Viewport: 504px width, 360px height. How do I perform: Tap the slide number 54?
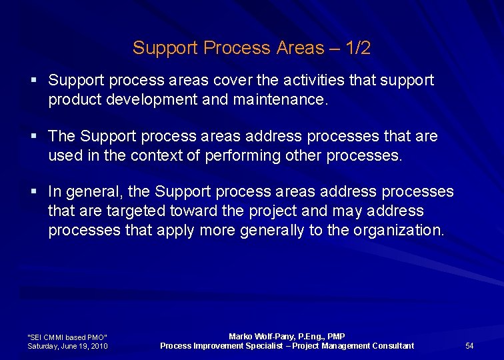click(469, 346)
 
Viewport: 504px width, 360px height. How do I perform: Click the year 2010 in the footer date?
click(98, 346)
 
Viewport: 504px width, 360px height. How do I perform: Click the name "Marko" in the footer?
click(240, 337)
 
